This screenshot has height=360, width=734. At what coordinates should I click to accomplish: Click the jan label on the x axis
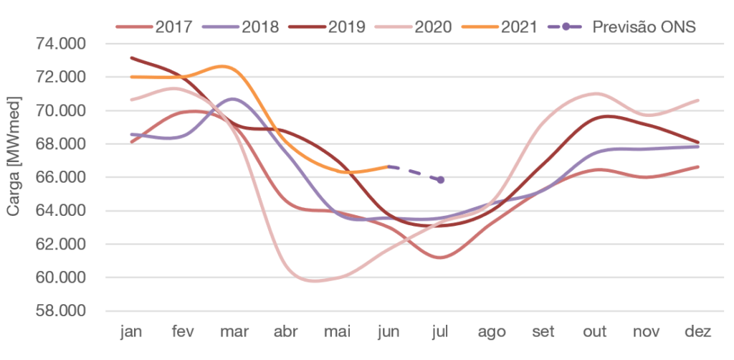(131, 332)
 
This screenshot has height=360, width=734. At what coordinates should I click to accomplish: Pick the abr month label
(285, 332)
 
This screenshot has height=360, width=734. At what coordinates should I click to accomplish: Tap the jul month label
(440, 332)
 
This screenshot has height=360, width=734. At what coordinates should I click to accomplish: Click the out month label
(594, 332)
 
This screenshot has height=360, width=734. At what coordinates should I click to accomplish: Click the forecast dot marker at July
(440, 180)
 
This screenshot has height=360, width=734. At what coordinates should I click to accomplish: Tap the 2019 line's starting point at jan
(131, 57)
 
